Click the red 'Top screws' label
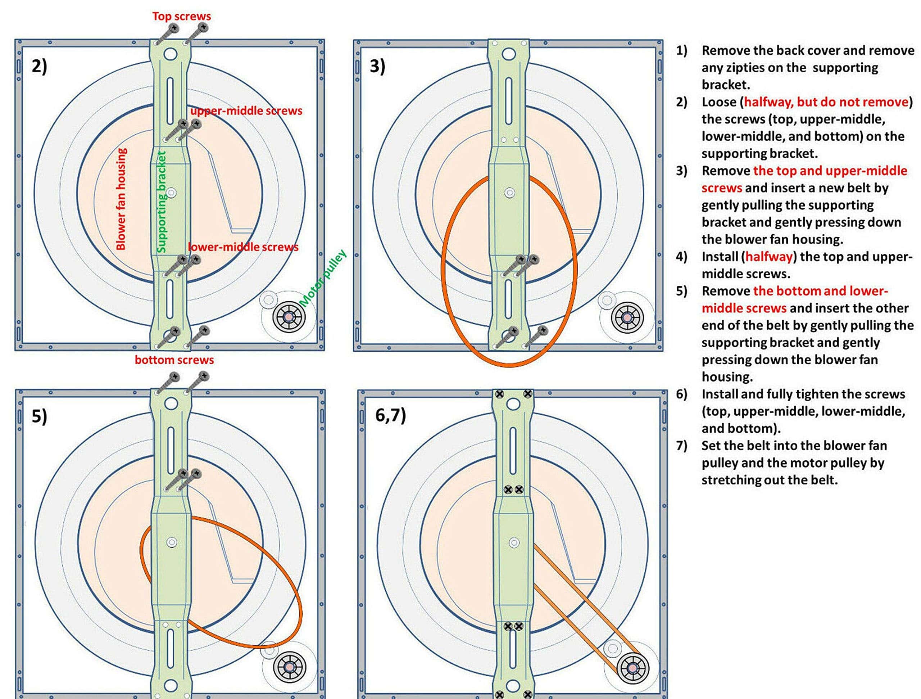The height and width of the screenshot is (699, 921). [x=182, y=16]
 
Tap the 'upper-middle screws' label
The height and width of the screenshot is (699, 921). [x=246, y=111]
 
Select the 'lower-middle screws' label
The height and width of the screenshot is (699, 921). [x=243, y=247]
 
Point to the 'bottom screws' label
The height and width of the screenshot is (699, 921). [x=174, y=360]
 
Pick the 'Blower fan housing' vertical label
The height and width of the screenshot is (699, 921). [x=121, y=199]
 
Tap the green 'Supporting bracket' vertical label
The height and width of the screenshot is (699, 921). [x=162, y=202]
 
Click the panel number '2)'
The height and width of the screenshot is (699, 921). [x=39, y=66]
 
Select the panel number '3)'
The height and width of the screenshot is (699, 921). [x=377, y=66]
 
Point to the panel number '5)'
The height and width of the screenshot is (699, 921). [x=39, y=416]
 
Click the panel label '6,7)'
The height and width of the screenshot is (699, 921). [x=390, y=415]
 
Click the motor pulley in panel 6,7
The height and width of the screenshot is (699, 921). [x=632, y=668]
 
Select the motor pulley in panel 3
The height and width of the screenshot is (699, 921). [x=627, y=317]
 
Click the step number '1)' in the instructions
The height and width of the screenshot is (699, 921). [x=682, y=51]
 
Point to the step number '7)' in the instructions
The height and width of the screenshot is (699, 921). [x=682, y=446]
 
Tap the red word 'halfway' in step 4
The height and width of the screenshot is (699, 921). [x=768, y=257]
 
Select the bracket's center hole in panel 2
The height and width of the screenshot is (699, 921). [x=172, y=193]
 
